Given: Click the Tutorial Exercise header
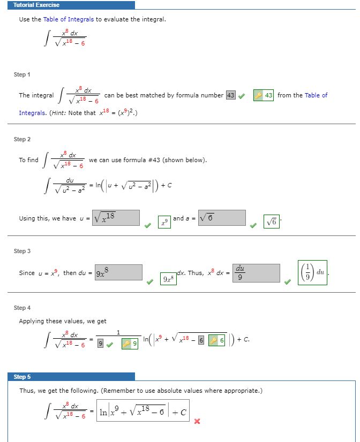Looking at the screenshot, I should click(x=36, y=5).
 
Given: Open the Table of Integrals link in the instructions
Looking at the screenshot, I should click(x=69, y=19).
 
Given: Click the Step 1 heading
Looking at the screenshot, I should click(x=22, y=74).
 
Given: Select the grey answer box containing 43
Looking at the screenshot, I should click(x=231, y=95).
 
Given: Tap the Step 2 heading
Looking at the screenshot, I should click(x=22, y=139).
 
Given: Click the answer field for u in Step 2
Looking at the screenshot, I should click(x=116, y=217).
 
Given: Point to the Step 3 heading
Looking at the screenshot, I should click(x=22, y=251).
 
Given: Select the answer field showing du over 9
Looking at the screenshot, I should click(x=257, y=272).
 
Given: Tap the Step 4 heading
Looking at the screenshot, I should click(x=22, y=308).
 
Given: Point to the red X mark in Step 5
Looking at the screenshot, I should click(x=197, y=421).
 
